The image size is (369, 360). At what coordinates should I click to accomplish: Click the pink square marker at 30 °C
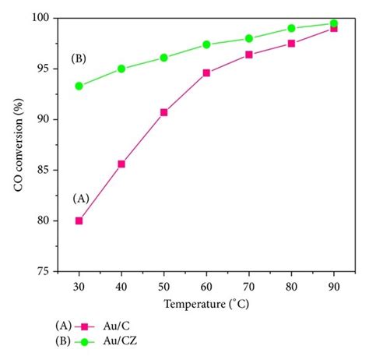click(79, 221)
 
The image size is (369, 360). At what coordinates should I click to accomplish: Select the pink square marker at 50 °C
click(163, 112)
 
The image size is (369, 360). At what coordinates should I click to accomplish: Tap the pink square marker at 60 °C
click(206, 72)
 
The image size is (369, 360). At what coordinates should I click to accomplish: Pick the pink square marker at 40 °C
click(121, 164)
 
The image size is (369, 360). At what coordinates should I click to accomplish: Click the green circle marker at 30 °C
click(79, 86)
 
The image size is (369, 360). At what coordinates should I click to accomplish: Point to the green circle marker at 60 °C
click(206, 44)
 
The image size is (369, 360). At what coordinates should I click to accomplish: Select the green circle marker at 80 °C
click(291, 28)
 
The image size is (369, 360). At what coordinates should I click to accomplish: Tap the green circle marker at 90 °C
click(333, 23)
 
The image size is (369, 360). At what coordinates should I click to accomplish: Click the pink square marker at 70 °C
click(248, 55)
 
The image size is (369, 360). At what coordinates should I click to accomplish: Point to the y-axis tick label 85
click(44, 170)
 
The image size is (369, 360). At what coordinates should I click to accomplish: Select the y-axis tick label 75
click(44, 271)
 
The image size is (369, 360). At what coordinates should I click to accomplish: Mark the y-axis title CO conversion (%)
click(17, 144)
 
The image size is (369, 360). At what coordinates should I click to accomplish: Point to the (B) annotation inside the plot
click(79, 58)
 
